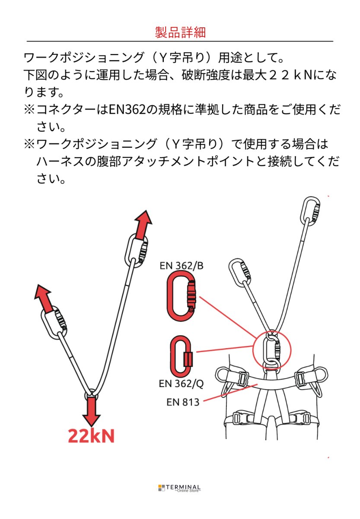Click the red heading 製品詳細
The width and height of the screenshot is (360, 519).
(x=180, y=32)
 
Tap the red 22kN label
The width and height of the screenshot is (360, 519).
(x=91, y=436)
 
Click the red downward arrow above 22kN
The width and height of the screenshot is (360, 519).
(x=91, y=411)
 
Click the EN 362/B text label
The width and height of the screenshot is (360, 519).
(x=181, y=266)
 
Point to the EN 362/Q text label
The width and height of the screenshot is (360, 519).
(x=181, y=383)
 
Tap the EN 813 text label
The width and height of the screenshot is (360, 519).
(x=183, y=402)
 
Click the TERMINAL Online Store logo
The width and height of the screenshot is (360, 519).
(x=180, y=488)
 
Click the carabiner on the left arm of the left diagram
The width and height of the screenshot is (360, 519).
(x=55, y=322)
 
